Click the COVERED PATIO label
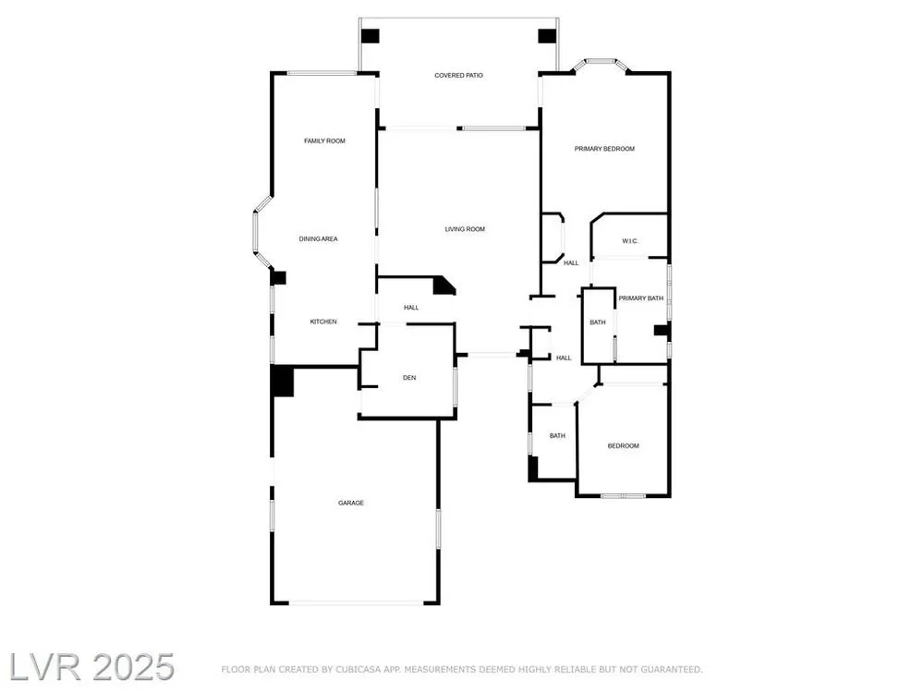click(458, 76)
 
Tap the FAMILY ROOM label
click(324, 140)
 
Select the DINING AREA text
click(318, 238)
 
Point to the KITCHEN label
click(323, 322)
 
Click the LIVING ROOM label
click(465, 229)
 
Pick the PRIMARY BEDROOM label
click(604, 149)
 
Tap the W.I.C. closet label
click(630, 241)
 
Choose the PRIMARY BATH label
click(641, 298)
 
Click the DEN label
click(409, 378)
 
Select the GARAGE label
click(351, 503)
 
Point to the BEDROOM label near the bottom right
click(624, 446)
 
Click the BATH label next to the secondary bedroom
click(557, 436)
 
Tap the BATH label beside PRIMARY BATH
click(598, 322)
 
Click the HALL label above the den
click(411, 308)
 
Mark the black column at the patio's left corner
click(371, 36)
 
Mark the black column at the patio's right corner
click(547, 36)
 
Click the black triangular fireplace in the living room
click(444, 286)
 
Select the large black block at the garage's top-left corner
click(282, 381)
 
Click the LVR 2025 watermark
click(91, 667)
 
